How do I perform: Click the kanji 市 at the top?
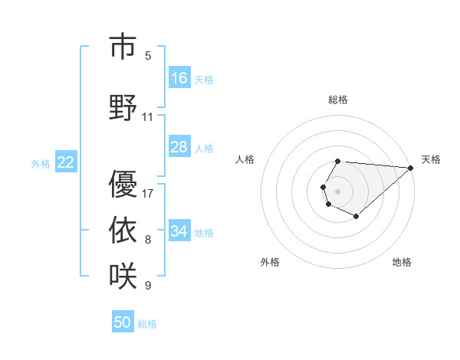[x=123, y=47]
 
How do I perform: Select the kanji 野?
[x=123, y=107]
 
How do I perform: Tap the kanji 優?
[x=123, y=185]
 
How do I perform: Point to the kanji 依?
[x=123, y=230]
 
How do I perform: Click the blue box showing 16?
[x=179, y=78]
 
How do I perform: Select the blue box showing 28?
[x=179, y=147]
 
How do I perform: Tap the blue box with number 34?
[x=179, y=231]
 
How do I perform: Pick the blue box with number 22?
[x=66, y=162]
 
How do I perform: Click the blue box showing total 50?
[x=123, y=322]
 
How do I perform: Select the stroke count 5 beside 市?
[x=148, y=55]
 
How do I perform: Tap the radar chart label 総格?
[x=337, y=100]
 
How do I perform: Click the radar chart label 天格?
[x=431, y=159]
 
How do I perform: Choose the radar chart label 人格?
[x=245, y=159]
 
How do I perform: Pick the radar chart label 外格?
[x=270, y=262]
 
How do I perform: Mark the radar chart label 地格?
[x=402, y=262]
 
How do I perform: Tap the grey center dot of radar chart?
[x=337, y=190]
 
